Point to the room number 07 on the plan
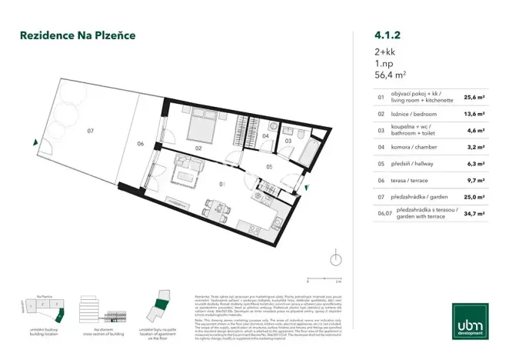coord(90,132)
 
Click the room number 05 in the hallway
coord(269,166)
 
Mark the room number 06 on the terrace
coord(140,143)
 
